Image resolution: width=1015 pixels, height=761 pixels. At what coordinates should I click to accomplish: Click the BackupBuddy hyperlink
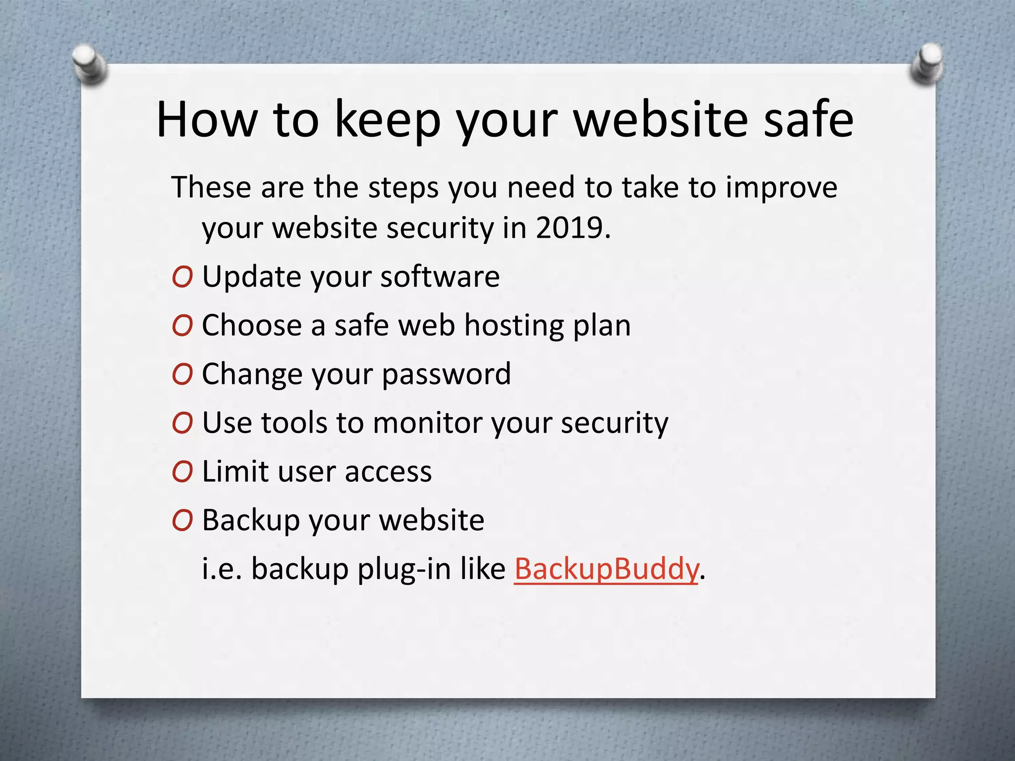pos(606,569)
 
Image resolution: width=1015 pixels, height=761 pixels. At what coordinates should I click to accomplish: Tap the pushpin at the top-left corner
pos(90,63)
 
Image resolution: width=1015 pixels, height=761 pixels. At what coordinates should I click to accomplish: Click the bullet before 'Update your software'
pos(182,277)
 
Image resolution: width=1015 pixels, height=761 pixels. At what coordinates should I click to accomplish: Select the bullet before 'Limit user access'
pos(182,472)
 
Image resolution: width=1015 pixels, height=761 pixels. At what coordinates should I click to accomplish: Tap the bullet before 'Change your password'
pos(182,375)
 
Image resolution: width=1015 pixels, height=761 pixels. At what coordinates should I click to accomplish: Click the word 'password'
pos(446,375)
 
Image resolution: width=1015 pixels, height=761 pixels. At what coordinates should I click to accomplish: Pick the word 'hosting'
pos(514,326)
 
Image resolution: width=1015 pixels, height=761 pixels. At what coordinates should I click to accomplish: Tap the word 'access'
pos(389,472)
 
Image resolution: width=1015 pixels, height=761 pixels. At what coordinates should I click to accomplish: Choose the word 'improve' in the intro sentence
pos(782,188)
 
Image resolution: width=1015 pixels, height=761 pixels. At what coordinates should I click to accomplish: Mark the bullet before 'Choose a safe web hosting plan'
pos(182,326)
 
